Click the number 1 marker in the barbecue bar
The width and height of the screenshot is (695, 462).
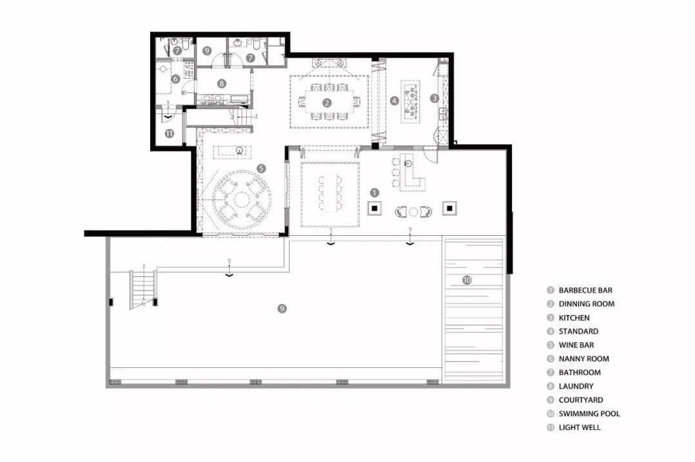375,193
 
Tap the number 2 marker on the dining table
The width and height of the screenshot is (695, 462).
327,102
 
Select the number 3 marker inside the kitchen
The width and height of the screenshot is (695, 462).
435,98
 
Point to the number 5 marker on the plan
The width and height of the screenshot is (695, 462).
262,168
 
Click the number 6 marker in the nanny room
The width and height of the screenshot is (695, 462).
175,79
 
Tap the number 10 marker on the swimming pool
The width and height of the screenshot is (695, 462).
467,280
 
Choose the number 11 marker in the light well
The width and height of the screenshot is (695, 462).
169,133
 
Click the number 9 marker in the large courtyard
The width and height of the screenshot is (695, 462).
282,308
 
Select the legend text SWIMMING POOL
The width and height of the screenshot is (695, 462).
589,414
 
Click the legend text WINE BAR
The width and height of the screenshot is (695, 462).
576,345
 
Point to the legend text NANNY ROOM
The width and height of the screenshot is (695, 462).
583,359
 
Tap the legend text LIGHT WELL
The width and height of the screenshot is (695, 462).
580,427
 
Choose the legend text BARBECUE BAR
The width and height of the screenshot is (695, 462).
585,290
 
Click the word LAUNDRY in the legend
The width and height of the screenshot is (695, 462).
576,386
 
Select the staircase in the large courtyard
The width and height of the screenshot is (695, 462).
143,289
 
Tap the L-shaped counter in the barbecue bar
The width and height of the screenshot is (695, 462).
411,173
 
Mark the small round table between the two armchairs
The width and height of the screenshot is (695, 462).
413,212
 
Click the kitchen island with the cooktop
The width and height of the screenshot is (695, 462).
411,101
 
